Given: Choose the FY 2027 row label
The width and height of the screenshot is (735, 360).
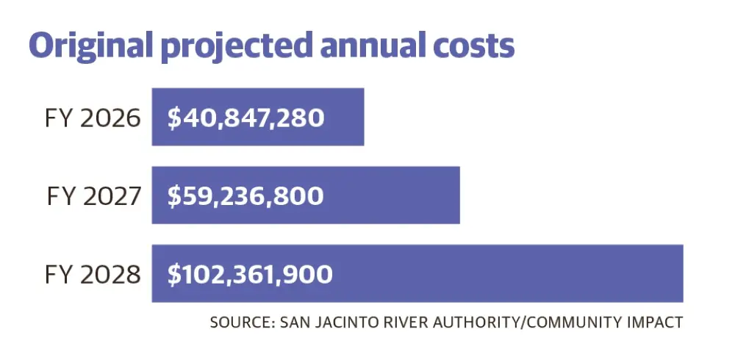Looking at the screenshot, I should pyautogui.click(x=93, y=196).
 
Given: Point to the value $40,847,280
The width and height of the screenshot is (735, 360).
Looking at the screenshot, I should pyautogui.click(x=245, y=118).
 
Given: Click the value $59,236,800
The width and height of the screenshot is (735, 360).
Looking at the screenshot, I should pyautogui.click(x=245, y=196).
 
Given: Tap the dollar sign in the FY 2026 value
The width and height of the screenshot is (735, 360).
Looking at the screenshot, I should pyautogui.click(x=173, y=118).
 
